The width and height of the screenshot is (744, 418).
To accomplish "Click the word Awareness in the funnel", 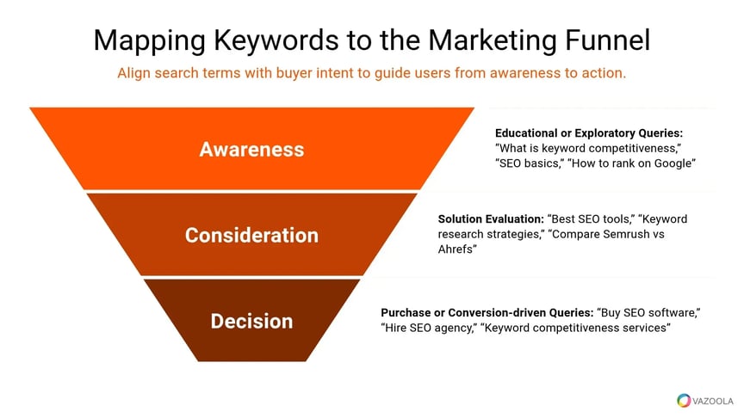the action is click(251, 150).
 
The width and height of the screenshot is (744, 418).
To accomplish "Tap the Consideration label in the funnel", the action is click(251, 236).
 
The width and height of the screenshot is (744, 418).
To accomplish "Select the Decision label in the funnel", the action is click(251, 322).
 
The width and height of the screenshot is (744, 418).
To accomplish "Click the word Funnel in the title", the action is click(607, 40).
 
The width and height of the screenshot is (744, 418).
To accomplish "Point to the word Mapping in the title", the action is click(149, 41).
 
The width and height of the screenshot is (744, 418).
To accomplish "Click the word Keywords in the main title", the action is click(276, 40).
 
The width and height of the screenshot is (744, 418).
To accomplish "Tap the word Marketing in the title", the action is click(492, 41).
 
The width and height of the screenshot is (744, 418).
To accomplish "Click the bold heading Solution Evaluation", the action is click(491, 219).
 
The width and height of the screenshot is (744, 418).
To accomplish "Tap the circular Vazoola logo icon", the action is click(684, 401).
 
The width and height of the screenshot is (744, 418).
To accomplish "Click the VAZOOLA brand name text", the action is click(713, 401).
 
